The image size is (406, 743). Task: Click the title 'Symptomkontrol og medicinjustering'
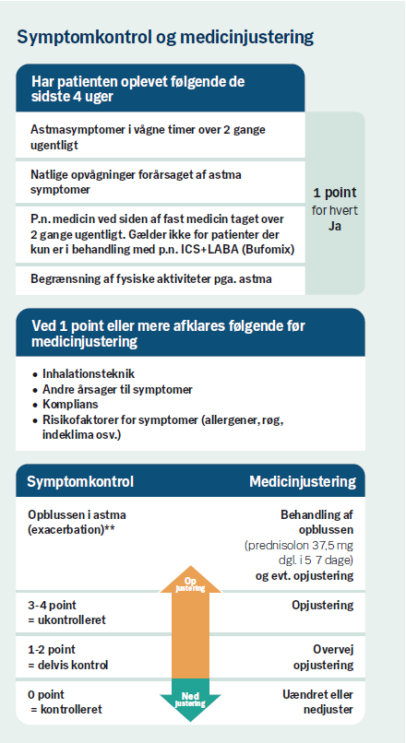pos(165,37)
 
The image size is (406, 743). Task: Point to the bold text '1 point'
pos(335,193)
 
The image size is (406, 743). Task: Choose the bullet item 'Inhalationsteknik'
pos(89,374)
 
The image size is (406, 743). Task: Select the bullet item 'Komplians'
pos(74,404)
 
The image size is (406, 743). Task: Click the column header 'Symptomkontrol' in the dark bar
pos(80,482)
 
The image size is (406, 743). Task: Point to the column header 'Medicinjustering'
pos(303,482)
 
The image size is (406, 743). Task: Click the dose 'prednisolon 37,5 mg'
pos(302,546)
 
